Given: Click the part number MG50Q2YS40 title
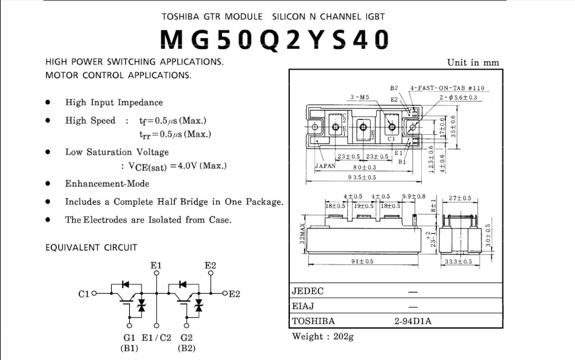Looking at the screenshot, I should pyautogui.click(x=274, y=39).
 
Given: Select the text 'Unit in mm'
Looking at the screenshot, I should pyautogui.click(x=473, y=62).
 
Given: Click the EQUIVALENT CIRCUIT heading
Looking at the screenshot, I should pyautogui.click(x=91, y=247).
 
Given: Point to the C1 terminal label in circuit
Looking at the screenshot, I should pyautogui.click(x=84, y=293).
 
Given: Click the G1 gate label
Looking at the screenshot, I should pyautogui.click(x=129, y=338).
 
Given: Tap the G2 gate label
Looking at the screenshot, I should pyautogui.click(x=187, y=338).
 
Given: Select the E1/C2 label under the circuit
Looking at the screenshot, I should pyautogui.click(x=157, y=338).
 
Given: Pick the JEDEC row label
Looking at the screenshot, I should pyautogui.click(x=308, y=291).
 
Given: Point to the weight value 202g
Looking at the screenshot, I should pyautogui.click(x=343, y=336).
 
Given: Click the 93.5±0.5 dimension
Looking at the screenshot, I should pyautogui.click(x=362, y=177).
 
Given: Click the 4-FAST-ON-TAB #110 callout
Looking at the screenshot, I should pyautogui.click(x=447, y=88).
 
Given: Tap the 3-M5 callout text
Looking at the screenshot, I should pyautogui.click(x=359, y=97).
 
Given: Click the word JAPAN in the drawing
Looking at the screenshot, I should pyautogui.click(x=325, y=166).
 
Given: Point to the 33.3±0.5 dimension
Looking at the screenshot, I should pyautogui.click(x=458, y=262).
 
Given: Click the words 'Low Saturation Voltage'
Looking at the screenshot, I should pyautogui.click(x=117, y=152).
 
